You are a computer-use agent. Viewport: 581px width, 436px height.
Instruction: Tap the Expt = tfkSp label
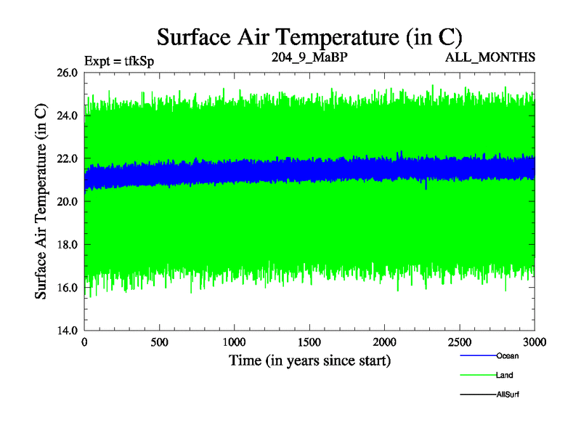[119, 60]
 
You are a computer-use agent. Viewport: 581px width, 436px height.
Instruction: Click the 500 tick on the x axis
[160, 342]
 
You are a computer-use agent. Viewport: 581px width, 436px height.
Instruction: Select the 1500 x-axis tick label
[310, 342]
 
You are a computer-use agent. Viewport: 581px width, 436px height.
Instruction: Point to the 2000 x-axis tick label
[385, 342]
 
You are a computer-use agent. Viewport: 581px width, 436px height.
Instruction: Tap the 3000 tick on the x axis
[535, 342]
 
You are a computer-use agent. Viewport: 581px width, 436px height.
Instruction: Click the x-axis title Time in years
[310, 360]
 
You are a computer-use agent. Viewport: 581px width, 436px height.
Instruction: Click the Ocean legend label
[508, 356]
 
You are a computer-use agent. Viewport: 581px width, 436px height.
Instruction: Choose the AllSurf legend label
[508, 394]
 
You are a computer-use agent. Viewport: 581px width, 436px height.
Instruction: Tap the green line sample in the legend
[477, 375]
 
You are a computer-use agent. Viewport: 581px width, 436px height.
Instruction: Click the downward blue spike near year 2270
[426, 186]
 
